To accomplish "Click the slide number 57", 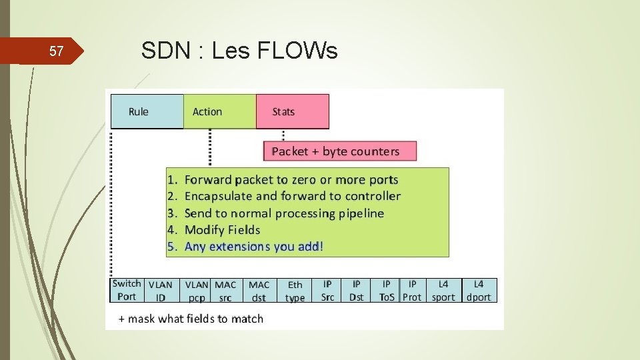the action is [57, 51].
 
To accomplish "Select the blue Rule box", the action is [147, 111].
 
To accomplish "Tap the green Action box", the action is [220, 111].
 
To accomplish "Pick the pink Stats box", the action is [292, 111].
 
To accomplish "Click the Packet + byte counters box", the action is [341, 151].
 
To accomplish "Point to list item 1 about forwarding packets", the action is [283, 179].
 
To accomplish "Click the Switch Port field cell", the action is [126, 290].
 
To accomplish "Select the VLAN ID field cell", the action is [160, 291].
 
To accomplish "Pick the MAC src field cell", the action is [226, 291].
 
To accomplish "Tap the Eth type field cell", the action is [295, 291].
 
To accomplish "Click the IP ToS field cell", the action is [387, 291].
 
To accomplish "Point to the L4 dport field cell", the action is [479, 291].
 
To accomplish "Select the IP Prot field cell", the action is [412, 291].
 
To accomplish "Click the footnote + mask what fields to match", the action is [191, 319].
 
